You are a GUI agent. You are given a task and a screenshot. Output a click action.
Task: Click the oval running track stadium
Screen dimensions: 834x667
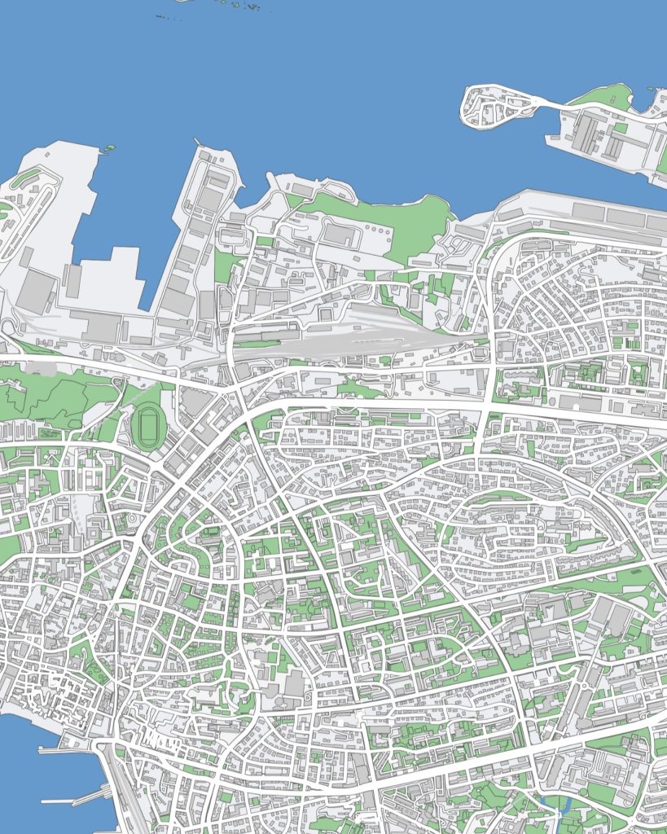coord(148,426)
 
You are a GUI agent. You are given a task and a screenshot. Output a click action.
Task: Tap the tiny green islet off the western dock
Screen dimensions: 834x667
coord(108,148)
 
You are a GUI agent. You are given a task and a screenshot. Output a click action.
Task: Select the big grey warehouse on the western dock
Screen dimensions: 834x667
coord(37,289)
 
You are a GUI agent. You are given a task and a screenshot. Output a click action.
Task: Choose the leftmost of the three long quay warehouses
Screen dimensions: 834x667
coord(590,211)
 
